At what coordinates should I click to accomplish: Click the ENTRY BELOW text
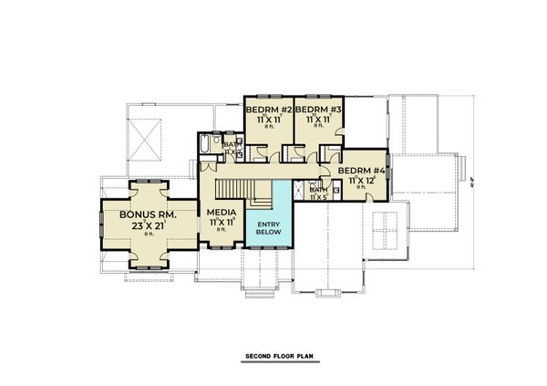[267, 229]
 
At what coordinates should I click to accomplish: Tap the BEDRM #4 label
[363, 170]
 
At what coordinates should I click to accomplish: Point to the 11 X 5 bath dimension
[318, 197]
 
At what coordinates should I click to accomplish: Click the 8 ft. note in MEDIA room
[222, 231]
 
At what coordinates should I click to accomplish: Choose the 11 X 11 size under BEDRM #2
[267, 119]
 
